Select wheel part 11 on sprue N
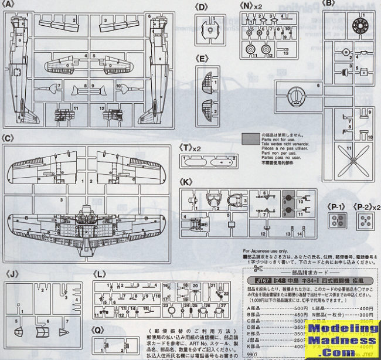250,51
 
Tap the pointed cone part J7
65,332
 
